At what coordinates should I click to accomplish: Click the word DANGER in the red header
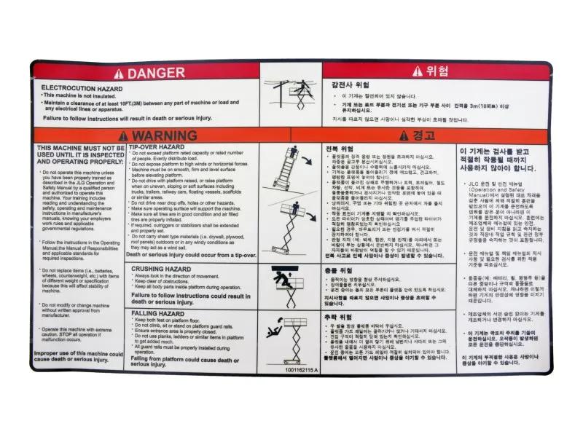tap(156, 73)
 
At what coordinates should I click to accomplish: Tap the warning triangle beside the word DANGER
tap(118, 73)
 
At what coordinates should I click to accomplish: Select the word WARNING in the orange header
tap(165, 135)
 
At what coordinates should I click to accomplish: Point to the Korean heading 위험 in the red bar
tap(437, 71)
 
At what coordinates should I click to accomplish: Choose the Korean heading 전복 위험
tap(340, 148)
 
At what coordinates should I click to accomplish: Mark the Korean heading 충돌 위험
tap(340, 269)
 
